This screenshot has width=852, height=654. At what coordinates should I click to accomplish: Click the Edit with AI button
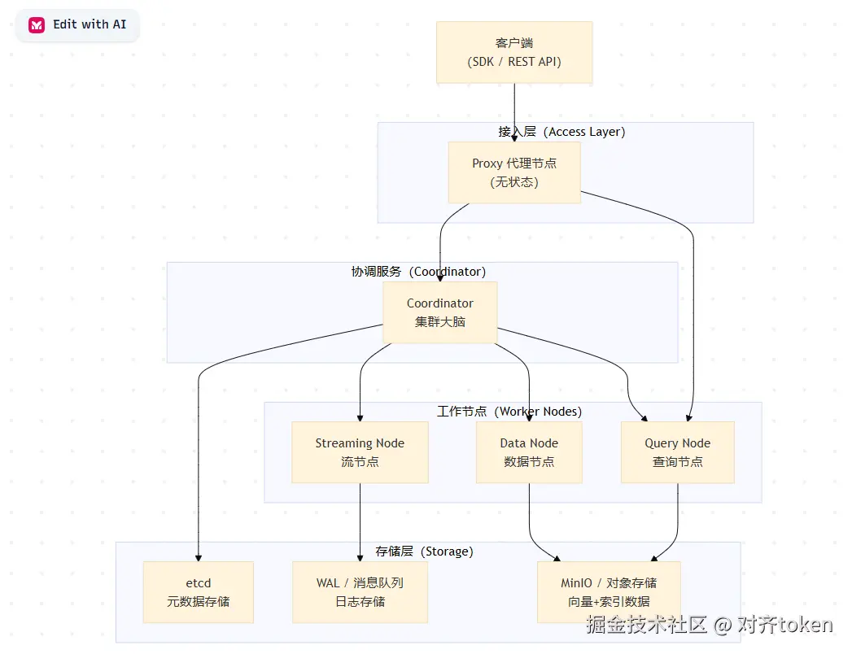77,25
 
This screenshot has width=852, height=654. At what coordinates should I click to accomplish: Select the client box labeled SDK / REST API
514,52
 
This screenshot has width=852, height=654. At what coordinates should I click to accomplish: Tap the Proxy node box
514,172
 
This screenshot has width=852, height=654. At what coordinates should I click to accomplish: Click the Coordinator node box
440,312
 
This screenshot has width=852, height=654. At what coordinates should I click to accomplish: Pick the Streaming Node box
360,452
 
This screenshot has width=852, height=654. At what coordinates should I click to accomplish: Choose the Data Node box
529,452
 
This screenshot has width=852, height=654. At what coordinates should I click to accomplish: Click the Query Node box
678,452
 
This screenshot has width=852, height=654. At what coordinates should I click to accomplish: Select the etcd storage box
199,592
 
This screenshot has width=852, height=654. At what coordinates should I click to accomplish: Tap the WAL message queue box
360,592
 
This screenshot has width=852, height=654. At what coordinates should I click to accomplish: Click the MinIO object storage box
609,592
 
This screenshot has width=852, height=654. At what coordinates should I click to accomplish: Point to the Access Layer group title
561,132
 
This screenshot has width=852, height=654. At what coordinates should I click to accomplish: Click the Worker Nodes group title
509,412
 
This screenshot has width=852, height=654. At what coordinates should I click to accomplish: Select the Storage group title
424,552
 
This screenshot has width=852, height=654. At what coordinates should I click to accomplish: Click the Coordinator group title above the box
418,272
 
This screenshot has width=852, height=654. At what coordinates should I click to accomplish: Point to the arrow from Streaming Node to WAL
360,522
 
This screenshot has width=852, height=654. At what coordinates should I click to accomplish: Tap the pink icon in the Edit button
37,25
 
